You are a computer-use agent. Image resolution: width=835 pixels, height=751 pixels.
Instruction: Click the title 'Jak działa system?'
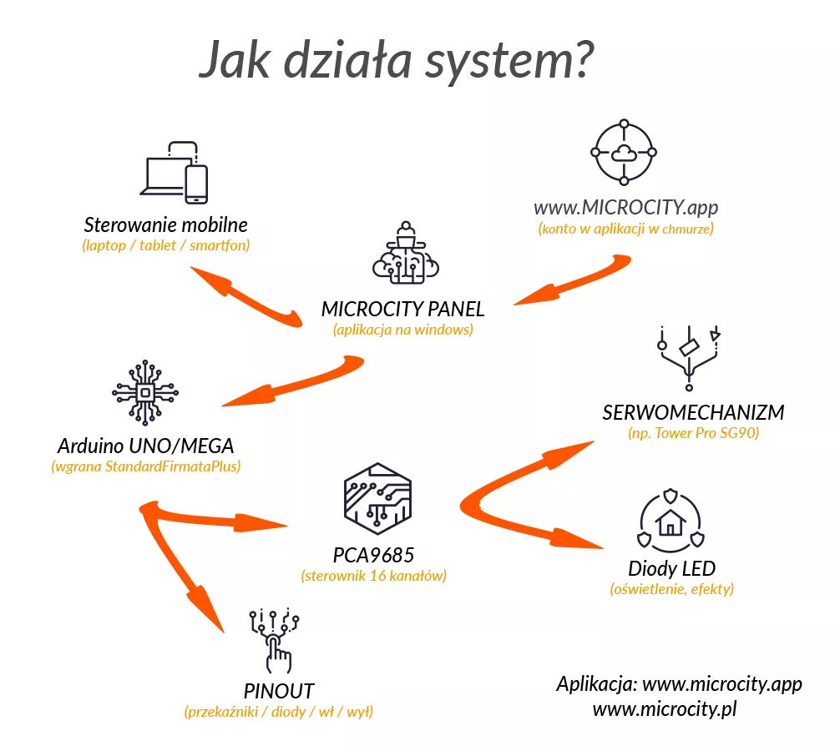(397, 61)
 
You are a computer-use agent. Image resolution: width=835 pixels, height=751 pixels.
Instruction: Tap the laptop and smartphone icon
(175, 173)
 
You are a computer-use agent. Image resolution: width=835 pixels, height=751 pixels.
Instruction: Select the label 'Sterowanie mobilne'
(166, 225)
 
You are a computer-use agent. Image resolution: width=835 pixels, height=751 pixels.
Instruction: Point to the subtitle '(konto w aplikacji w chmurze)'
(626, 229)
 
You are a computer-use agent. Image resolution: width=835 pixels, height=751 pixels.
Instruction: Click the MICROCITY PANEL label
(402, 309)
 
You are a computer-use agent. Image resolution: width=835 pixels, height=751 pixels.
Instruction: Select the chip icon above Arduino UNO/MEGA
(145, 391)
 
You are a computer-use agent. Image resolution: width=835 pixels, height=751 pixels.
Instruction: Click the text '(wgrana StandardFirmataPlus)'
(146, 466)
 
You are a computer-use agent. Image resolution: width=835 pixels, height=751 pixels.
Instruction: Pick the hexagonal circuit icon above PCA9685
(377, 500)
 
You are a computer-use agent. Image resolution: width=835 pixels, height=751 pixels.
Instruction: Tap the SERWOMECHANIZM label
(693, 413)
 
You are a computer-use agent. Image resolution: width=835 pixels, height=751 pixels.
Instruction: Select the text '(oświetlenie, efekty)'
(672, 590)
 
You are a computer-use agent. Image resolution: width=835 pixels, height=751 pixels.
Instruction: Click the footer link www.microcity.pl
(664, 709)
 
